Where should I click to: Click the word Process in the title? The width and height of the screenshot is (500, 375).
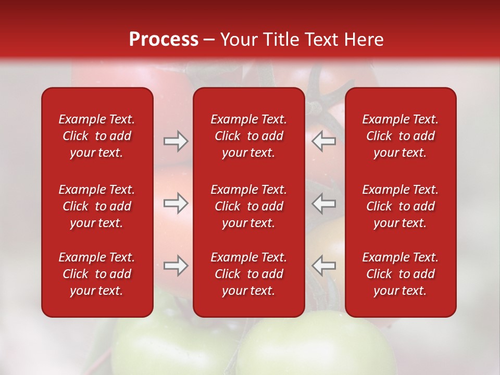coord(164,40)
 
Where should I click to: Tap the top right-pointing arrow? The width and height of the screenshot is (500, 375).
coord(176,141)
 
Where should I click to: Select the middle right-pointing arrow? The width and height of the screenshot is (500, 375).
coord(176,203)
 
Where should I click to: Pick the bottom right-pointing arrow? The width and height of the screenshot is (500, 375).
coord(176,266)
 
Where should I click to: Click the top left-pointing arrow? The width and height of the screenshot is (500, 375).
coord(324,141)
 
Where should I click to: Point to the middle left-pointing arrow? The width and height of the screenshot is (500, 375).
coord(324,203)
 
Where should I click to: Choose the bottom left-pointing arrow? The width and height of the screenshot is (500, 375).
coord(324,266)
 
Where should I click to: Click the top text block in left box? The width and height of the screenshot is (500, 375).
coord(97,136)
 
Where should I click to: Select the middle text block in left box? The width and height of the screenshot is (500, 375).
coord(97,206)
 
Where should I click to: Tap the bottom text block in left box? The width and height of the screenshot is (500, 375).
coord(97,274)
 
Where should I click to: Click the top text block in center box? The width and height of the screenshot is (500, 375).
coord(248,136)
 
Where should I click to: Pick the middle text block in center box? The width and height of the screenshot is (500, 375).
coord(248,206)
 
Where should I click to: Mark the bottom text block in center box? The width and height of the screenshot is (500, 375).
coord(248,274)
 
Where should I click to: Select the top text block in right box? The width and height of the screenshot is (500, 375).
coord(400,136)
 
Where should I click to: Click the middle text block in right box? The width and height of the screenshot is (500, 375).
coord(400,206)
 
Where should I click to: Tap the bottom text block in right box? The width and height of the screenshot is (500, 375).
coord(400,274)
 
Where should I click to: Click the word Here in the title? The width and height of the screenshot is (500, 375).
coord(364,40)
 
